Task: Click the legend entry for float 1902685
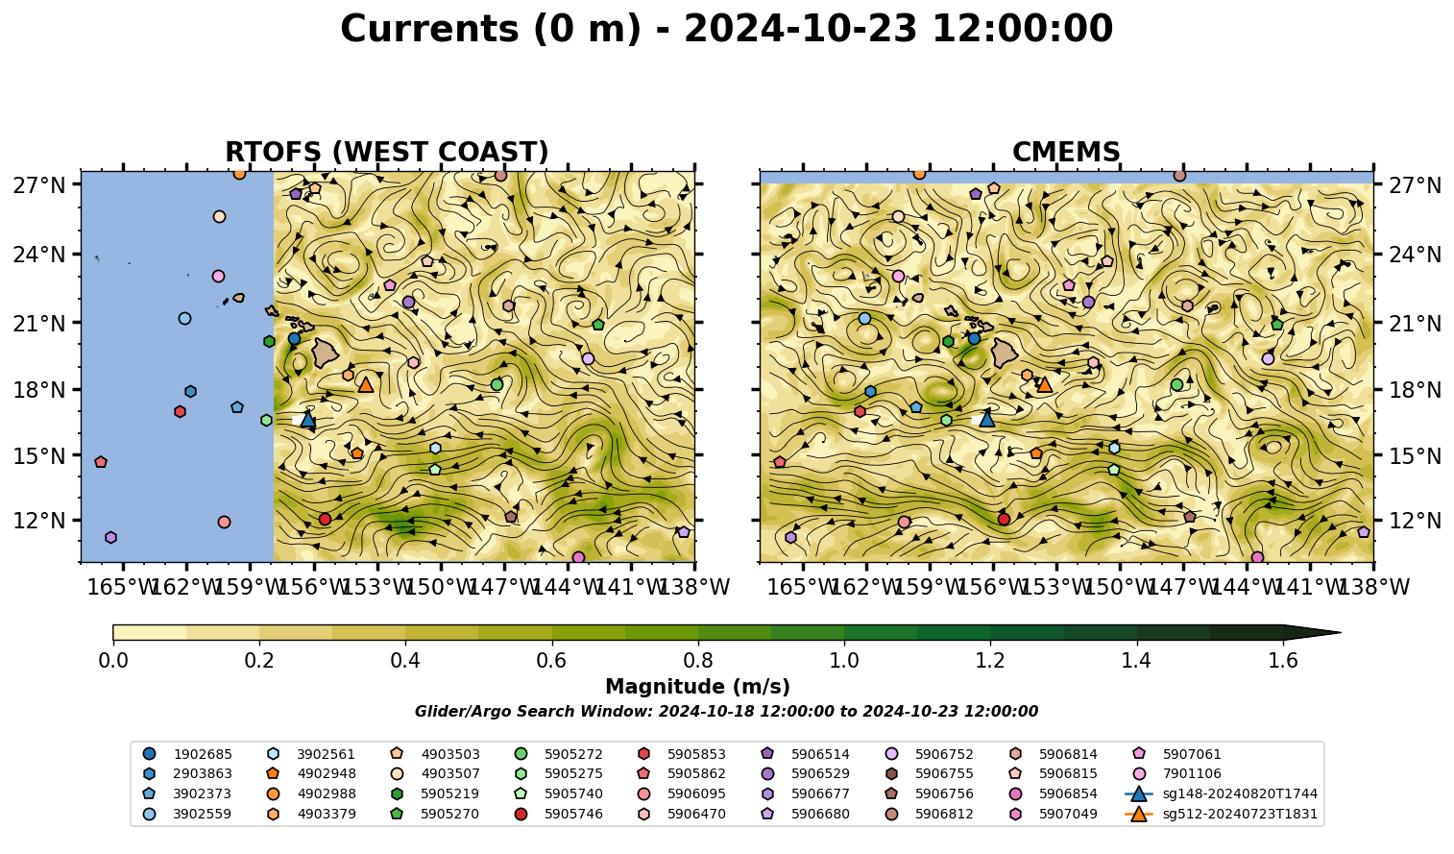(x=187, y=754)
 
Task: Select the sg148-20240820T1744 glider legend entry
(x=1222, y=793)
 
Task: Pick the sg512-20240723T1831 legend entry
(x=1222, y=814)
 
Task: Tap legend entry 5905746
(x=558, y=814)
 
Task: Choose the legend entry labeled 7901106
(x=1176, y=773)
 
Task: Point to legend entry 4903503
(x=434, y=754)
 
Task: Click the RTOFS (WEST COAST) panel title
(x=387, y=152)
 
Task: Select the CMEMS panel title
(x=1066, y=152)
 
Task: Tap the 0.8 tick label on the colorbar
(x=698, y=661)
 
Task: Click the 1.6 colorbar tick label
(x=1283, y=661)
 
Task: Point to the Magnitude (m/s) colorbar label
(x=698, y=687)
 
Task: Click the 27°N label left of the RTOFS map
(x=39, y=185)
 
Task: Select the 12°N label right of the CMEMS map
(x=1415, y=521)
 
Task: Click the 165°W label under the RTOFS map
(x=121, y=587)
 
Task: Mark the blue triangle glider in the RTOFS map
(x=307, y=420)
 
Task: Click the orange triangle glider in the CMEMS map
(x=1044, y=384)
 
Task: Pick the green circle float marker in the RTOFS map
(x=497, y=384)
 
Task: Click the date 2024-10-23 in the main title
(x=800, y=29)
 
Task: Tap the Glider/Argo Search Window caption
(x=726, y=711)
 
